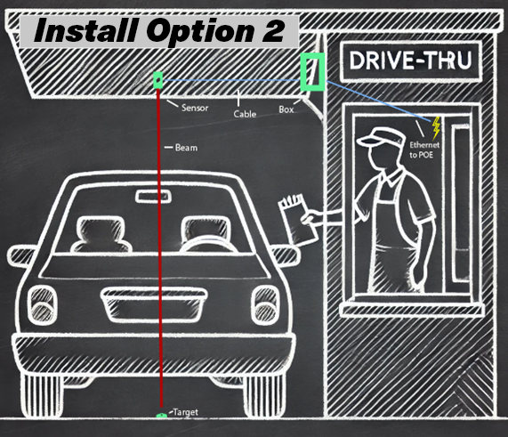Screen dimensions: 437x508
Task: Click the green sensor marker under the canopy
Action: click(x=159, y=81)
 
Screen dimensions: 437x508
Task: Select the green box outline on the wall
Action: click(x=311, y=71)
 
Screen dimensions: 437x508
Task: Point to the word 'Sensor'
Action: click(x=196, y=108)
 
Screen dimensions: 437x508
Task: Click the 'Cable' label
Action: click(x=246, y=114)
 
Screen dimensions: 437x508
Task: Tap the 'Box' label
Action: click(x=286, y=109)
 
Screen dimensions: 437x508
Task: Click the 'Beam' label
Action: click(x=185, y=147)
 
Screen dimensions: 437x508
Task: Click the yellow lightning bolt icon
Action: click(x=436, y=125)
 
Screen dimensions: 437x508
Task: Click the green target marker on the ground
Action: click(x=161, y=415)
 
